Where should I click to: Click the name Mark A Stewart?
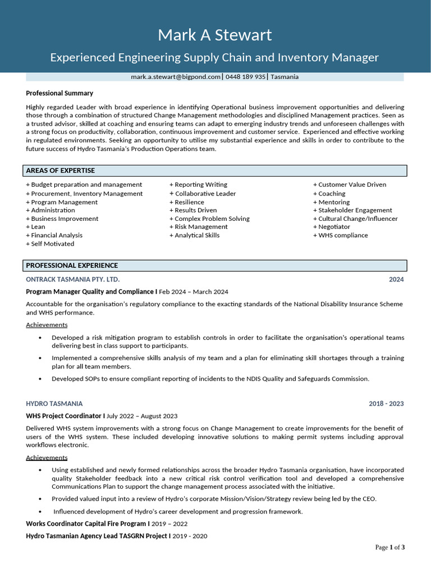[215, 35]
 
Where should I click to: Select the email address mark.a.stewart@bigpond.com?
[176, 77]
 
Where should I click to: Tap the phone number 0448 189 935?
[245, 77]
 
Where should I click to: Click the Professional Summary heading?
[59, 93]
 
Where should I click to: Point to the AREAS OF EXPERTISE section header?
[61, 170]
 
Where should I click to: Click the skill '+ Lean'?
[35, 227]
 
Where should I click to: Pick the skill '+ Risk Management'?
[198, 227]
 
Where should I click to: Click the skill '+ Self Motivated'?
[50, 244]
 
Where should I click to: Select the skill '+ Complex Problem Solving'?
[209, 219]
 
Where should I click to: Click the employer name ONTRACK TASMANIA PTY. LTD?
[73, 279]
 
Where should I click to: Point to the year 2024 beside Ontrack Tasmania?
[396, 279]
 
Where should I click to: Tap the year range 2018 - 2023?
[386, 404]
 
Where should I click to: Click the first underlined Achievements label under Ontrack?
[47, 325]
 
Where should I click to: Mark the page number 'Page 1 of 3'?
[389, 547]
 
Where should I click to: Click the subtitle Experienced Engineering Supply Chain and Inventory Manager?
[215, 57]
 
